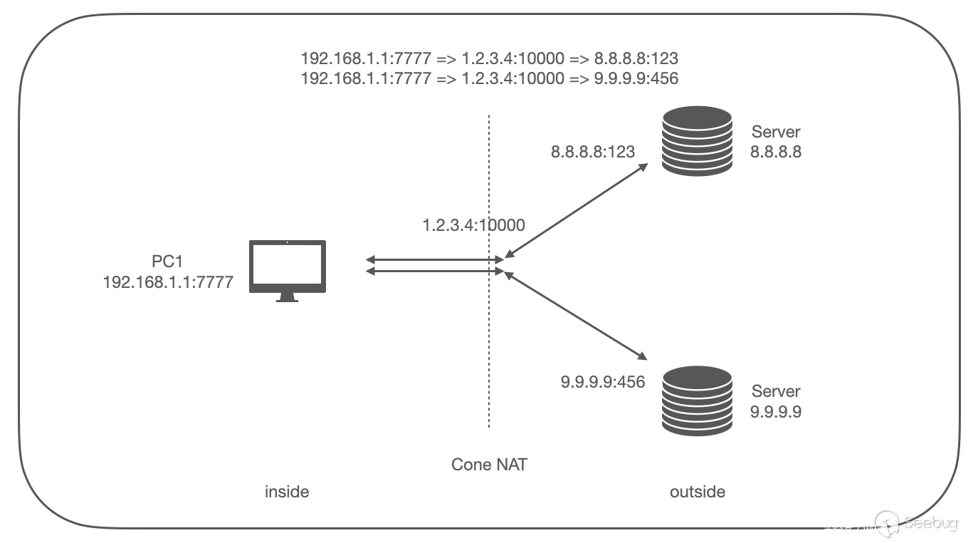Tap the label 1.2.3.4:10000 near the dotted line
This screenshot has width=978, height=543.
[473, 226]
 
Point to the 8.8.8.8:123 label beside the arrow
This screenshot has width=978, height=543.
[593, 151]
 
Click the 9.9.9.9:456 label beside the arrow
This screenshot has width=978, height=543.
[603, 382]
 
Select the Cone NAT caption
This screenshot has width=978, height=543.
[490, 465]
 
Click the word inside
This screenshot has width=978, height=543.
[287, 492]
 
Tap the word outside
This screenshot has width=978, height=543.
[698, 492]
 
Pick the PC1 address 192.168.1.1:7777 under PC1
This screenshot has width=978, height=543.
[168, 282]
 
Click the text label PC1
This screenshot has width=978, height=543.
[168, 262]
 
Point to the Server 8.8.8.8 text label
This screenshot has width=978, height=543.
[776, 141]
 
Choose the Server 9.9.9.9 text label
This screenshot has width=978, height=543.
[776, 400]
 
